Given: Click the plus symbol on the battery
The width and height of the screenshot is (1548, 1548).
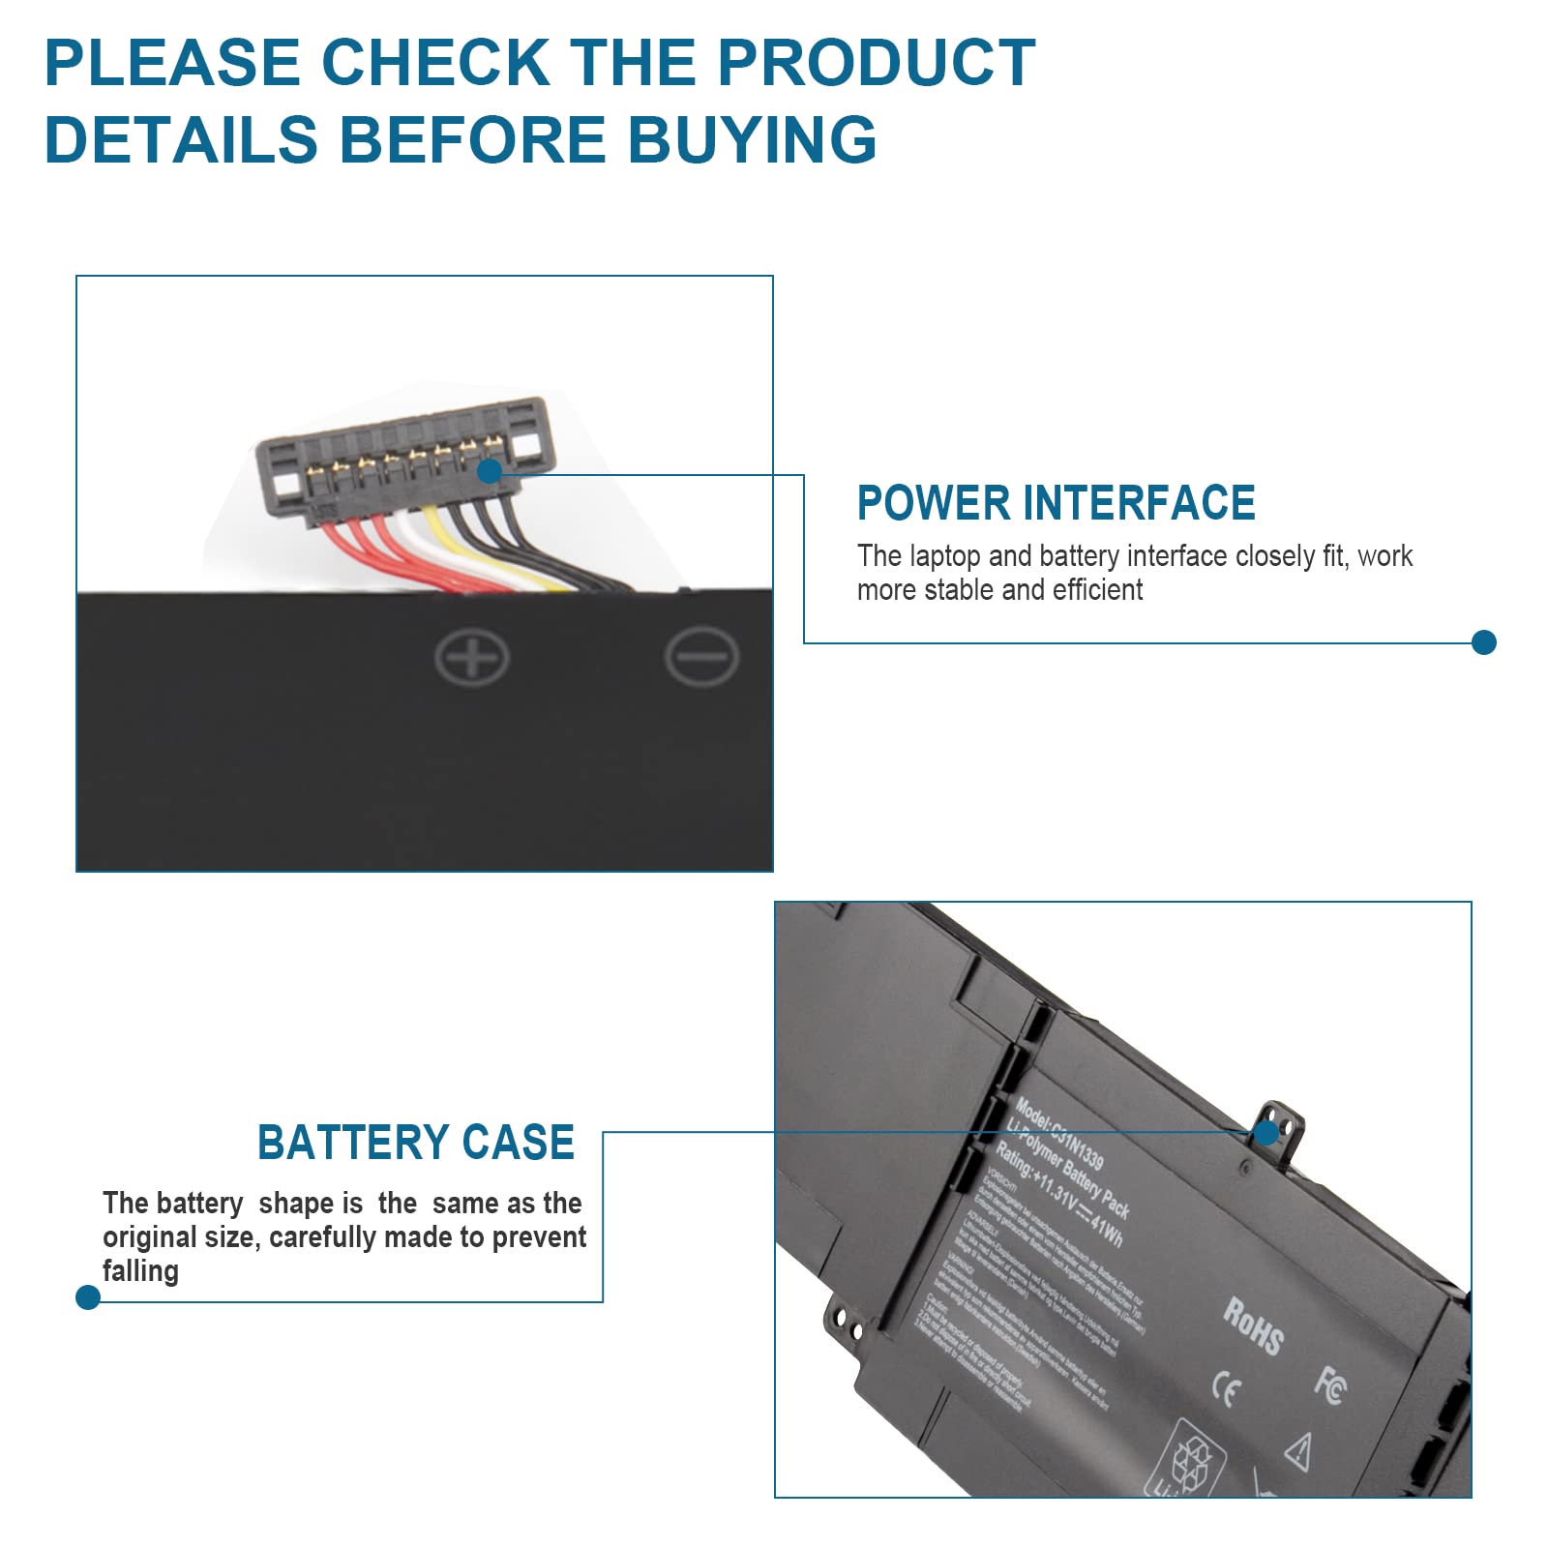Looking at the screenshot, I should click(472, 658).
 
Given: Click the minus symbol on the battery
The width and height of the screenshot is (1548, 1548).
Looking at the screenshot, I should click(701, 657).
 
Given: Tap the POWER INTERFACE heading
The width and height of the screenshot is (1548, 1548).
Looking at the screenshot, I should click(1056, 503).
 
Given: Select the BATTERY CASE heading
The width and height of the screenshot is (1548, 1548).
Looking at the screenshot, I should click(416, 1143).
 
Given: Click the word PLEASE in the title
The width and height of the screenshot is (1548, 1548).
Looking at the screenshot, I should click(172, 63).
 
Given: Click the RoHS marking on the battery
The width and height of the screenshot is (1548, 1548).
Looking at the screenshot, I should click(1253, 1325).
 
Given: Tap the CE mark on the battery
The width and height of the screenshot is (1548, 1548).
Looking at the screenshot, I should click(1226, 1391).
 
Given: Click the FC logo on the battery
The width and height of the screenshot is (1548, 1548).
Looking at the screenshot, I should click(1329, 1385).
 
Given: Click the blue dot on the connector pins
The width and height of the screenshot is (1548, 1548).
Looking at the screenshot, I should click(491, 471).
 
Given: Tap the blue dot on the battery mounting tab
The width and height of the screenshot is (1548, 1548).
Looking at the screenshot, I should click(1266, 1132).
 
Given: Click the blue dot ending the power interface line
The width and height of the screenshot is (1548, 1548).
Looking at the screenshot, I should click(1483, 642).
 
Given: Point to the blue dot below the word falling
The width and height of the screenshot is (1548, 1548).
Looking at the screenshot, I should click(88, 1297).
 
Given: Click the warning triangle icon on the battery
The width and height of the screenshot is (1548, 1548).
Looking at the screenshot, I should click(1298, 1450).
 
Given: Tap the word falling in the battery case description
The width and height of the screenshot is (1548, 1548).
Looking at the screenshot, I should click(140, 1271).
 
